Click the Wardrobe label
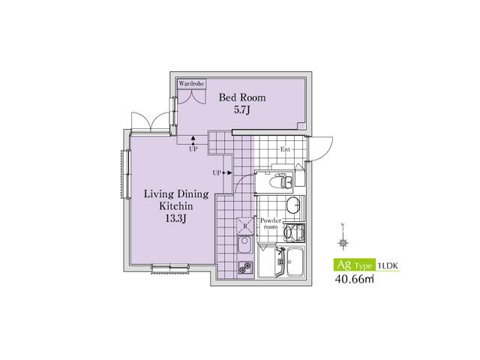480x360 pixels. coord(191,84)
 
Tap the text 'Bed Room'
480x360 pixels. coord(242,97)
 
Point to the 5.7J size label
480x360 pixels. coord(242,111)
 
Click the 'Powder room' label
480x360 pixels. coord(270,223)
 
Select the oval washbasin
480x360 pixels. coord(294,206)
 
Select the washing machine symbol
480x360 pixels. coord(294,232)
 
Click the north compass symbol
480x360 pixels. coord(343,241)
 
